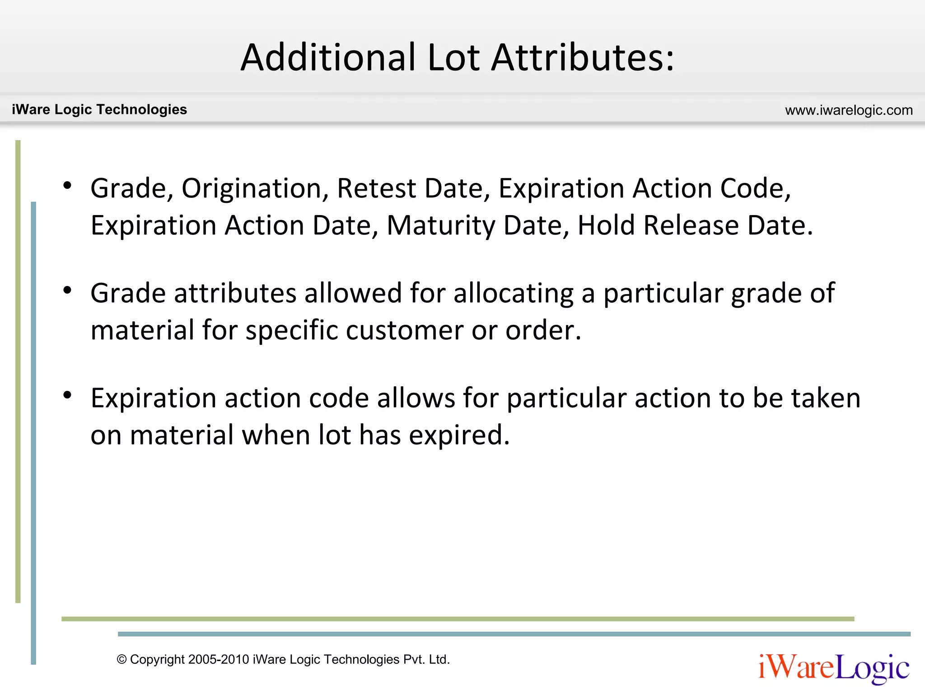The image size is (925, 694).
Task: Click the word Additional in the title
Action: coord(328,57)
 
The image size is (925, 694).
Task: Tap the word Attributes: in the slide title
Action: coord(583,57)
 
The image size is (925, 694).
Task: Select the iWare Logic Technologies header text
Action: coord(99,109)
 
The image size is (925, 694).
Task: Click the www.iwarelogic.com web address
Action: coord(849,110)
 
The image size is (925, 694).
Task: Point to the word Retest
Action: coord(376,188)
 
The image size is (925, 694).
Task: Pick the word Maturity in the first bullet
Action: coord(441,225)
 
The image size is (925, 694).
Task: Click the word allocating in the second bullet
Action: coord(513,293)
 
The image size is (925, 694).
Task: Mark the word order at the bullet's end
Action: coord(542,330)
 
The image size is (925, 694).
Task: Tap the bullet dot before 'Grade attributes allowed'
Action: coord(68,291)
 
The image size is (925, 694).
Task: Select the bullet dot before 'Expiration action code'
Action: coord(68,395)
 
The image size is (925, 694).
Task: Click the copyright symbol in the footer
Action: coord(121,660)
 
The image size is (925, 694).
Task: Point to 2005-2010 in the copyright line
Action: coord(219,660)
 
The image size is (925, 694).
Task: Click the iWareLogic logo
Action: coord(834,668)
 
